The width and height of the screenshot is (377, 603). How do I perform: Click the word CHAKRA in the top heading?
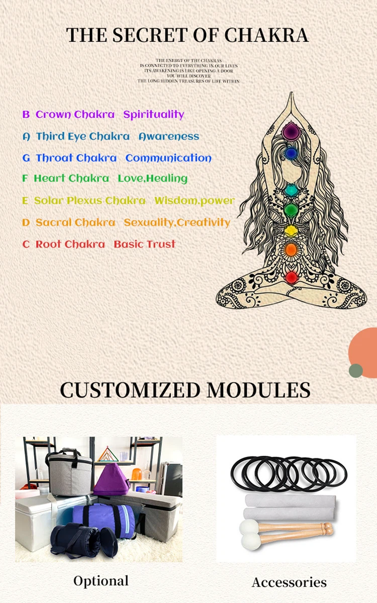coord(266,35)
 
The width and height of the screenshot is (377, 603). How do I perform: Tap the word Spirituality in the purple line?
coord(154,115)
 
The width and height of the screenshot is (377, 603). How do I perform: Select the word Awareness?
coord(169,136)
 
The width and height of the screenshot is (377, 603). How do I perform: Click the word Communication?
coord(168,158)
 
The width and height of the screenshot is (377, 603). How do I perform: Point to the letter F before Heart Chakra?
coord(25,178)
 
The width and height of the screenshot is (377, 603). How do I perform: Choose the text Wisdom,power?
coord(195,200)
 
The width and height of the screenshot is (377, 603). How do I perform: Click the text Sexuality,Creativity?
coord(177,222)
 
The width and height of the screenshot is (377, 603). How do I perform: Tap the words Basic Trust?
coord(145,244)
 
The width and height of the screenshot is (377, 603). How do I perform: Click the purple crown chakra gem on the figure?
coord(291,132)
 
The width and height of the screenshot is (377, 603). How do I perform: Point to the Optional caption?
coord(101,581)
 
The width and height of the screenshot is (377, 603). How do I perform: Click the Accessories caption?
coord(289,582)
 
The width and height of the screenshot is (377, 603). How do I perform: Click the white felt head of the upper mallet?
coord(248,528)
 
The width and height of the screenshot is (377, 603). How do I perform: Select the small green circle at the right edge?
coord(356,370)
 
